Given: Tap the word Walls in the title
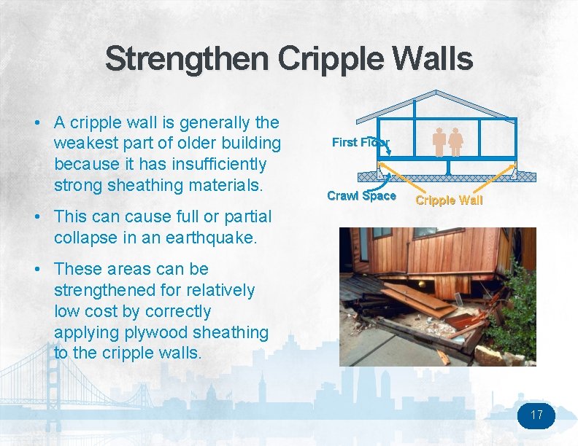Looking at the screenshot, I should pyautogui.click(x=431, y=59).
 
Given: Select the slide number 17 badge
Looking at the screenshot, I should pyautogui.click(x=536, y=415).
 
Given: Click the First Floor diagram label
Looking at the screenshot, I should pyautogui.click(x=361, y=142).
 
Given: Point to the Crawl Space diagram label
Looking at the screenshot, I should pyautogui.click(x=361, y=195).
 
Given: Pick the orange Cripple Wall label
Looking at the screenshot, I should pyautogui.click(x=449, y=200).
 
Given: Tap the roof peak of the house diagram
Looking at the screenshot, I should pyautogui.click(x=436, y=93).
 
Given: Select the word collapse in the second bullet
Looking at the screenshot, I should pyautogui.click(x=84, y=238).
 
